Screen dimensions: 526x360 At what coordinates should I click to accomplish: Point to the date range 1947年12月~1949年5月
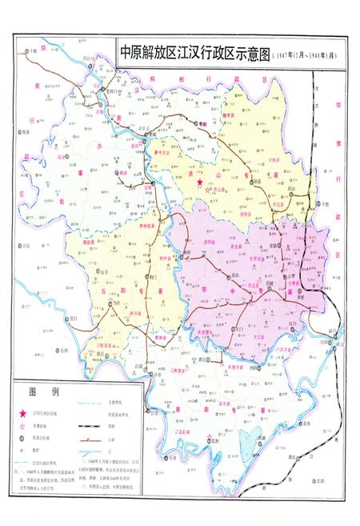coord(304,55)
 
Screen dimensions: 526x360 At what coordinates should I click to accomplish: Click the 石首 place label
coord(170,459)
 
